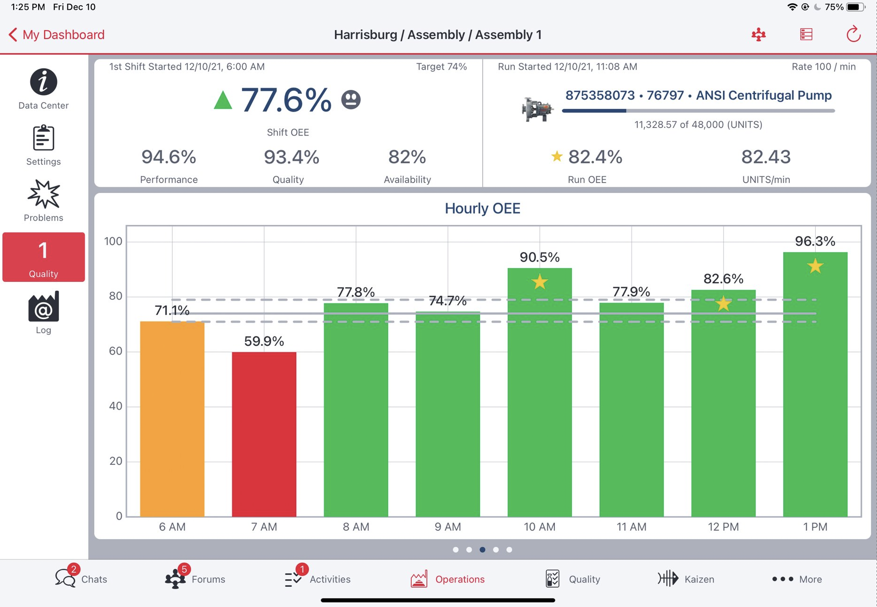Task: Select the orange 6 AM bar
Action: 172,419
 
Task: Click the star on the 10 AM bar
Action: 540,282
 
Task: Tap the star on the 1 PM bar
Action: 815,266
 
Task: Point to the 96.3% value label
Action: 815,241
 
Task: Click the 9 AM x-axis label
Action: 447,527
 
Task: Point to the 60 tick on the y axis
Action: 115,351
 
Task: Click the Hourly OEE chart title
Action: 482,208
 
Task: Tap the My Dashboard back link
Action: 57,35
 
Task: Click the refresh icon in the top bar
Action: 853,34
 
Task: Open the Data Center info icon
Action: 43,82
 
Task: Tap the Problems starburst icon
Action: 43,194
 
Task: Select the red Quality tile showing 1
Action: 43,257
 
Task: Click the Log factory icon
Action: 43,307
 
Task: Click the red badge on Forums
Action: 184,569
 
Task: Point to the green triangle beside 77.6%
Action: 223,100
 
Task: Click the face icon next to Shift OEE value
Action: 351,100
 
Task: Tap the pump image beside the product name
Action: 537,109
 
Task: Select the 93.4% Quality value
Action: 291,157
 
